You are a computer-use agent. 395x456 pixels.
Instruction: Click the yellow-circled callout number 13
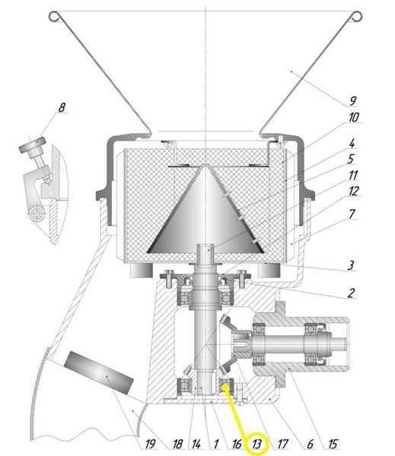coord(257,444)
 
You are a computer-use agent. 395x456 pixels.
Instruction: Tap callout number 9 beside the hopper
coord(353,101)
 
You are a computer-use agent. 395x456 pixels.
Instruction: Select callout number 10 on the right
coord(354,118)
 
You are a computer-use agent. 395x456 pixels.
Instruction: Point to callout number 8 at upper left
coord(62,108)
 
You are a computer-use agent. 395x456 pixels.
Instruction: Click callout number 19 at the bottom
coord(150,444)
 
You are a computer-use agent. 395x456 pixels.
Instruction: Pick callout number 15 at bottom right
coord(333,444)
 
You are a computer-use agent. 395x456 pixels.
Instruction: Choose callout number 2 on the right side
coord(352,293)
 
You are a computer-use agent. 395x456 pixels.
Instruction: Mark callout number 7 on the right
coord(352,214)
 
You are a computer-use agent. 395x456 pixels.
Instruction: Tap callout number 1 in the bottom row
coord(216,444)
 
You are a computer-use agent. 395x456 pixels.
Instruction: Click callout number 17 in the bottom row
coord(282,444)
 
